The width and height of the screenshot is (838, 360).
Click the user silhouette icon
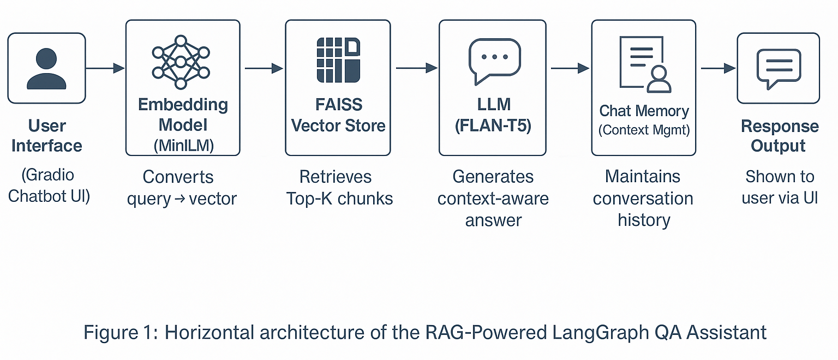46,68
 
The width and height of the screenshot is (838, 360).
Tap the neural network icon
181,62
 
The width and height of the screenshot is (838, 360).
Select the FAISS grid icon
338,60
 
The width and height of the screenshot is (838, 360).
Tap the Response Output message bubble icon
779,68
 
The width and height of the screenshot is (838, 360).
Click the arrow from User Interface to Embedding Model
105,68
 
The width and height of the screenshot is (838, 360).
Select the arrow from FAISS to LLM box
416,68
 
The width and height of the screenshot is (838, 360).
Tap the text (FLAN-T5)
493,125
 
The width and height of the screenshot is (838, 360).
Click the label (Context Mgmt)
644,131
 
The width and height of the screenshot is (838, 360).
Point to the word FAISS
338,104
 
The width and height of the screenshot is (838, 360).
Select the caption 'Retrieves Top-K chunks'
339,187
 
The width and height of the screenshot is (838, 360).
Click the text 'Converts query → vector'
182,188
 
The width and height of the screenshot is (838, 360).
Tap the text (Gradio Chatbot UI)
48,185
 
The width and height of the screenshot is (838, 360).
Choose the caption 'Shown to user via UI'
779,187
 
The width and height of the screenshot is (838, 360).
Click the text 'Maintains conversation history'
643,198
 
